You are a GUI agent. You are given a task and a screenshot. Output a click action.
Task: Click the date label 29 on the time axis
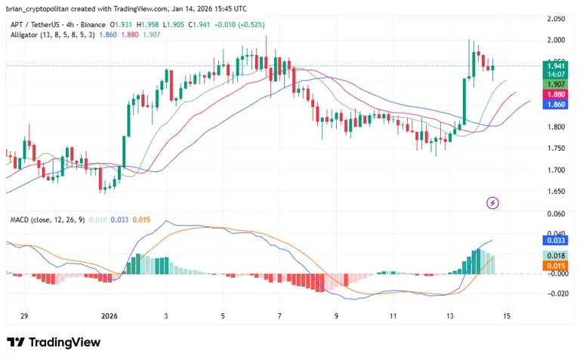25,316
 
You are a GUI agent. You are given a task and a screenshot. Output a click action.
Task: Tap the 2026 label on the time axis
110,316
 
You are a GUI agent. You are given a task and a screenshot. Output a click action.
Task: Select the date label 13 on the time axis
450,316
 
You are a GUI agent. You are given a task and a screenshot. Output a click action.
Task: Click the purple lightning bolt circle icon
493,202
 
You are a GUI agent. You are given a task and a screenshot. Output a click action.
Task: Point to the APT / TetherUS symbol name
35,25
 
